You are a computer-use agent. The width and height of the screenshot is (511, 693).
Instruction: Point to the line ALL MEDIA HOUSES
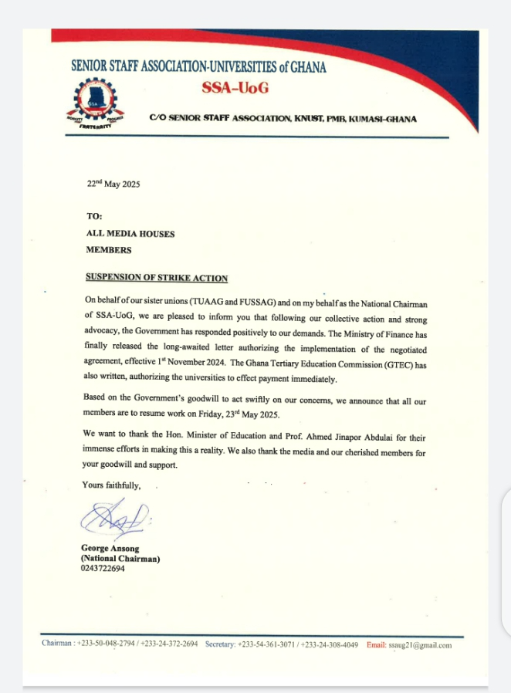pyautogui.click(x=130, y=233)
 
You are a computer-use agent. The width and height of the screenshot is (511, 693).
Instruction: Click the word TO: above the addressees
pyautogui.click(x=94, y=217)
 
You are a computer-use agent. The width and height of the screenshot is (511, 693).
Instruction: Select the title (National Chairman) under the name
pyautogui.click(x=120, y=559)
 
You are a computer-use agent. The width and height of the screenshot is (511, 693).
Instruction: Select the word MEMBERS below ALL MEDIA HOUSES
pyautogui.click(x=108, y=250)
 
